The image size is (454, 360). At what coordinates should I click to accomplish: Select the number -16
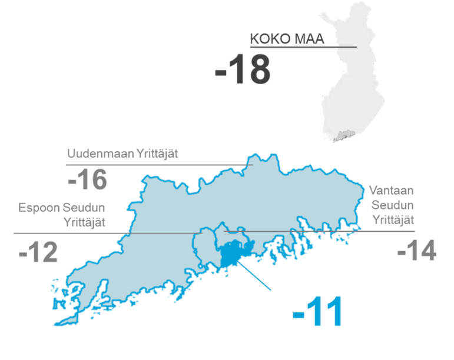[88, 179]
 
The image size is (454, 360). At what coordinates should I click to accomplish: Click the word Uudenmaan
[94, 154]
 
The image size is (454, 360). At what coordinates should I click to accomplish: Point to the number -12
[38, 254]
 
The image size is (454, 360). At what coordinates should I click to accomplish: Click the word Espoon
[37, 208]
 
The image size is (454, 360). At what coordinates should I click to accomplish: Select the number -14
[417, 252]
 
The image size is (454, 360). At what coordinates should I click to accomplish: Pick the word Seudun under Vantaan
[392, 205]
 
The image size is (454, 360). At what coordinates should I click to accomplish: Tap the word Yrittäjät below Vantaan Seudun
[393, 220]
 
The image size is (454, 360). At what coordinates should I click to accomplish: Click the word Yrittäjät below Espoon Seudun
[84, 222]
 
